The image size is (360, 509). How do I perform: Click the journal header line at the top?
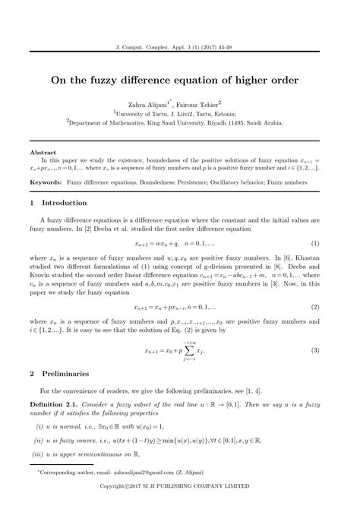click(179, 46)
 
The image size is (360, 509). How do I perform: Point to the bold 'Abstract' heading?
click(42, 153)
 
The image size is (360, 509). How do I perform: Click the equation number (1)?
click(314, 244)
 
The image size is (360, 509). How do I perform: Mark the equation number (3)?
click(314, 350)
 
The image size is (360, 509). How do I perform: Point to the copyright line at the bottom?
click(179, 504)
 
